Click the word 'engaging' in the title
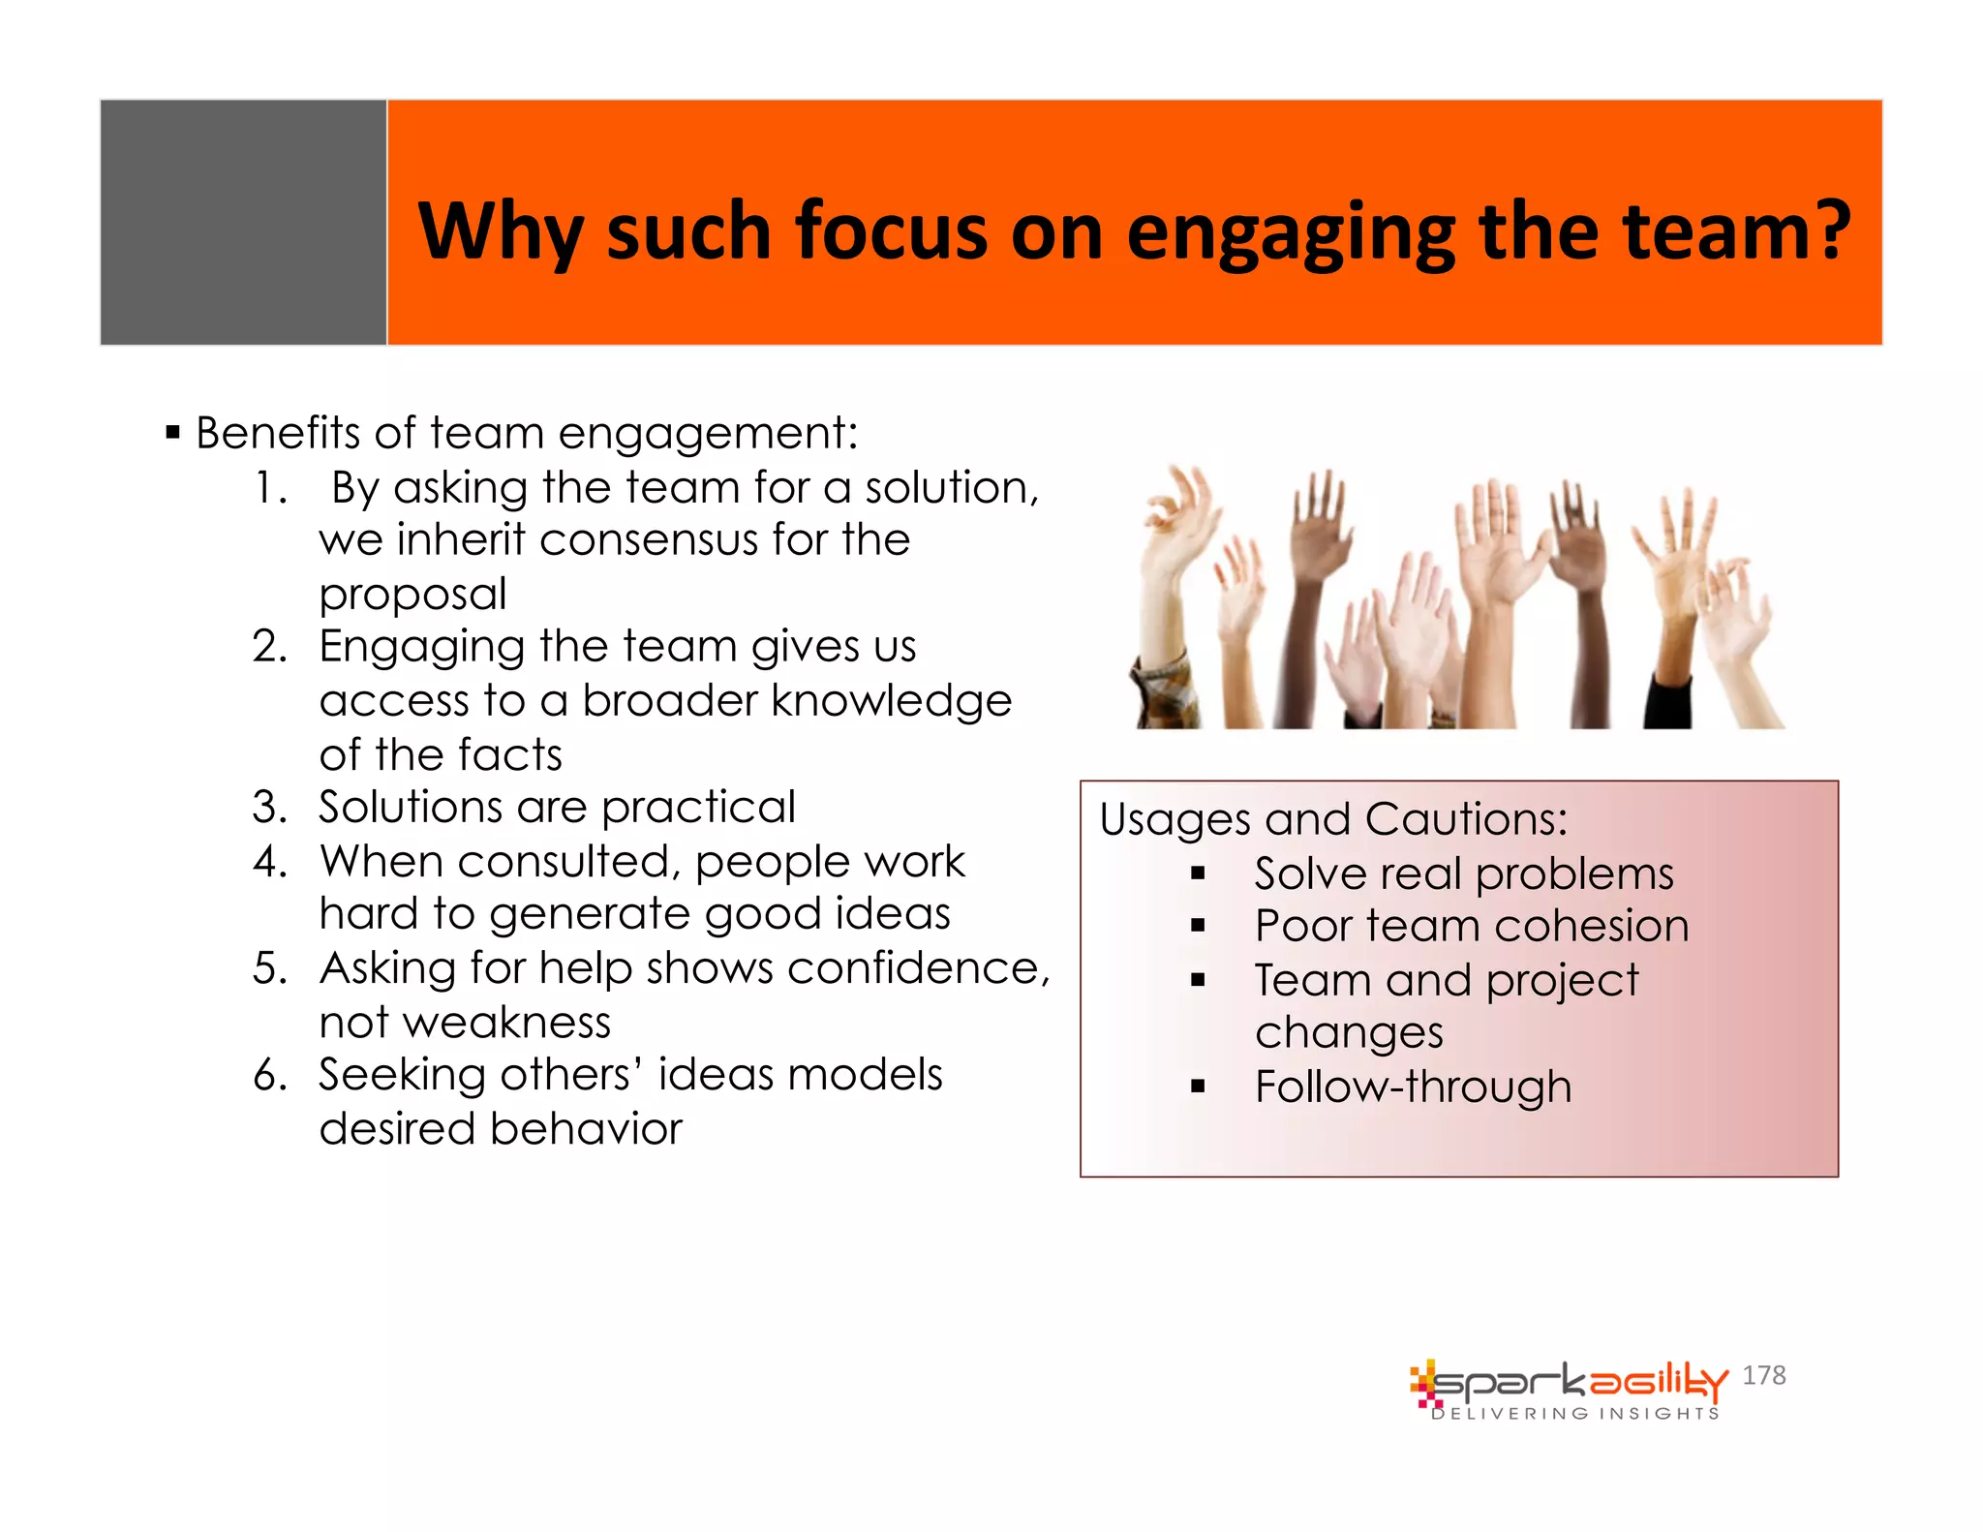[x=1291, y=232]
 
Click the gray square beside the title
[x=243, y=222]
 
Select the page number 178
[x=1763, y=1375]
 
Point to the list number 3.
[x=269, y=808]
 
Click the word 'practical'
[x=698, y=808]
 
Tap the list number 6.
[x=269, y=1075]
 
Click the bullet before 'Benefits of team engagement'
[x=173, y=432]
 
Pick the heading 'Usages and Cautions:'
[x=1333, y=819]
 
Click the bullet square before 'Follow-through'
[x=1198, y=1087]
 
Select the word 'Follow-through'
[x=1413, y=1087]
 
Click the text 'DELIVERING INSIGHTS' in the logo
[x=1574, y=1414]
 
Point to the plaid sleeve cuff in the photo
[x=1167, y=692]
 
